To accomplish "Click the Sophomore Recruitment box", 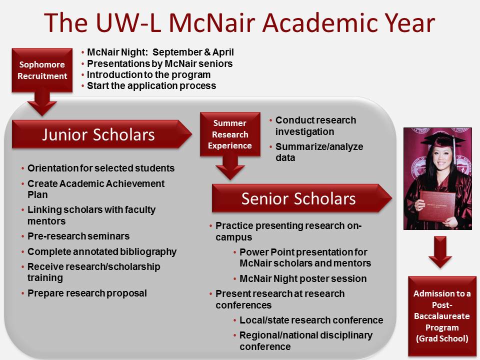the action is point(42,70).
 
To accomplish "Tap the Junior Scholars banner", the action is point(101,134).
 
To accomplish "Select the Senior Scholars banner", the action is point(302,198).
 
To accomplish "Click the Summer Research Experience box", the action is point(230,134).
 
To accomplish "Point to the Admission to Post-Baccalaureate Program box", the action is point(442,316).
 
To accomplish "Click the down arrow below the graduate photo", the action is point(440,251).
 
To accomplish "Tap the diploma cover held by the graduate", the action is point(437,205).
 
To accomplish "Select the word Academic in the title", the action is point(316,23).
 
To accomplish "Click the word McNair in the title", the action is point(212,23).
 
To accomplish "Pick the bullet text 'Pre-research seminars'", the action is point(78,236).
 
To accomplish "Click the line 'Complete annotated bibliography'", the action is point(102,251).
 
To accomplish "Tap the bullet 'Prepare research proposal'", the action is point(87,293).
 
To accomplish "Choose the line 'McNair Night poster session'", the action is point(303,278).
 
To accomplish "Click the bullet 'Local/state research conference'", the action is point(311,320).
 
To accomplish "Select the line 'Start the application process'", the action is point(151,85).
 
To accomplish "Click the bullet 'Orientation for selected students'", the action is point(101,168).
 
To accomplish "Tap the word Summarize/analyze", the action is point(319,146).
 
